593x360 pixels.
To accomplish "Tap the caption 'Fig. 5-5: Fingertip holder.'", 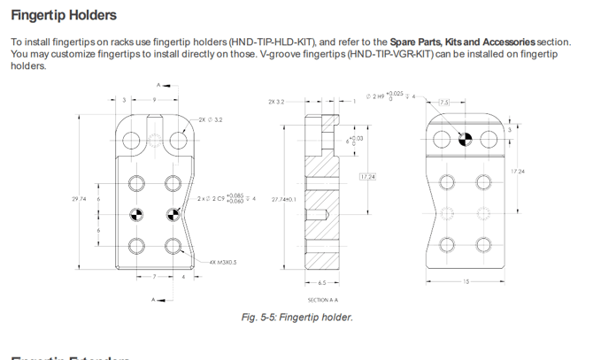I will (x=296, y=318).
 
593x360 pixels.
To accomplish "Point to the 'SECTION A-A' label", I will (x=321, y=300).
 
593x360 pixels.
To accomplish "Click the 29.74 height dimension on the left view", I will (x=80, y=199).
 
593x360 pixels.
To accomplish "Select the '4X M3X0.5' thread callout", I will (x=224, y=263).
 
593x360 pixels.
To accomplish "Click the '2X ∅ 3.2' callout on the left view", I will (x=211, y=119).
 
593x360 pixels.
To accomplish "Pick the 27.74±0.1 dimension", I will (x=283, y=200).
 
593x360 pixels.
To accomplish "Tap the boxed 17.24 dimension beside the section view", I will (x=367, y=177).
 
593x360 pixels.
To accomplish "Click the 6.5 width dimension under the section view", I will (x=321, y=283).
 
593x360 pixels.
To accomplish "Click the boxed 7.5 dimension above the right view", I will (x=444, y=103).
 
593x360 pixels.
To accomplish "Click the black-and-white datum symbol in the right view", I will (x=466, y=139).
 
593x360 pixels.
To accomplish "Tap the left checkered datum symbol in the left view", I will (x=136, y=213).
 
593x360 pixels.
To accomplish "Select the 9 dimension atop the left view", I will (x=154, y=100).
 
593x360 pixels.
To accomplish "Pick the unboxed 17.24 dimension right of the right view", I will (x=519, y=171).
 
